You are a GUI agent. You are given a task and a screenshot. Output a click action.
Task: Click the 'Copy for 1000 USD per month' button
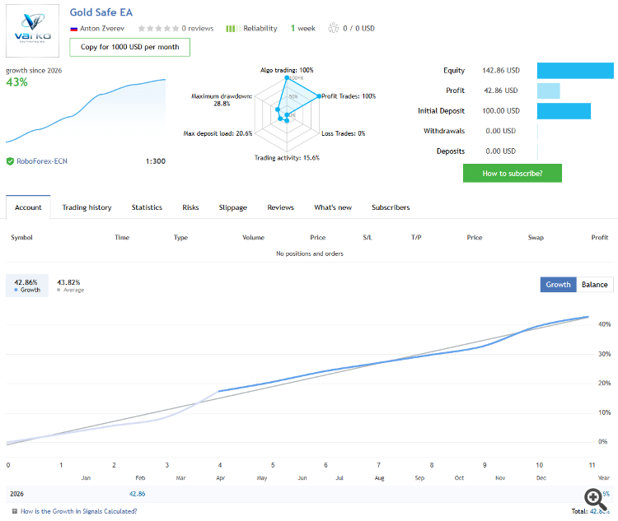(x=129, y=47)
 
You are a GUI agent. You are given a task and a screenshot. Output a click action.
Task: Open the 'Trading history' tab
(x=87, y=207)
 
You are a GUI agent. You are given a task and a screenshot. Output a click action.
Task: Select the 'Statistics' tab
(x=147, y=207)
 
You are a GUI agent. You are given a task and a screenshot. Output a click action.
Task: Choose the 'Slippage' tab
(x=232, y=207)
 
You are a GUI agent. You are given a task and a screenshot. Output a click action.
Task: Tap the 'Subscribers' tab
(x=391, y=207)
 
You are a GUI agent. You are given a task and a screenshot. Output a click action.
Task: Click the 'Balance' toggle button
(x=594, y=285)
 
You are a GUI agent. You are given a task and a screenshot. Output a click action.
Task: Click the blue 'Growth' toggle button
(x=558, y=285)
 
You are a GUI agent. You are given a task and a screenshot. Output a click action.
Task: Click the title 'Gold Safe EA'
(x=101, y=13)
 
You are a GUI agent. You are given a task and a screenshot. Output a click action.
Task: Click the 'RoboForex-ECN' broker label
(x=42, y=161)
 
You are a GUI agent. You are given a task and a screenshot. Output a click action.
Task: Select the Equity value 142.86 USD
(x=501, y=71)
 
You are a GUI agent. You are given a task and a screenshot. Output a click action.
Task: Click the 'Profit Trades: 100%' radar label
(x=349, y=96)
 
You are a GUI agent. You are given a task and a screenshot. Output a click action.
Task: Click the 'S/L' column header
(x=368, y=237)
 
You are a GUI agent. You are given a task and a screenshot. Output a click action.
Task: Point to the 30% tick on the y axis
(x=605, y=354)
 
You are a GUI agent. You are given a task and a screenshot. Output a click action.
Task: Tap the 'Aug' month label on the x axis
(x=380, y=477)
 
